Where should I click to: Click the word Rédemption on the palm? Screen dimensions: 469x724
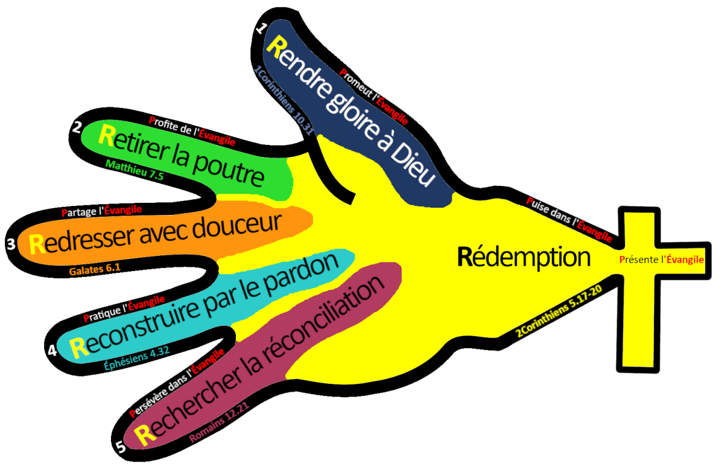pyautogui.click(x=524, y=258)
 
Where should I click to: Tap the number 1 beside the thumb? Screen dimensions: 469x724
pyautogui.click(x=260, y=28)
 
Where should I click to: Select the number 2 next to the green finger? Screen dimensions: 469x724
pyautogui.click(x=77, y=127)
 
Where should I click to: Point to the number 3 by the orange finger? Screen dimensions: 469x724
pyautogui.click(x=11, y=244)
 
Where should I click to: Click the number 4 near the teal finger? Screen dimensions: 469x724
pyautogui.click(x=52, y=350)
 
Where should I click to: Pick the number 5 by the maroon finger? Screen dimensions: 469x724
pyautogui.click(x=120, y=447)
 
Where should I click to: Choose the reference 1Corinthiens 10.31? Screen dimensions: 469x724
pyautogui.click(x=283, y=99)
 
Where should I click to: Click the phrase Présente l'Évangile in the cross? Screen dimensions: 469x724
pyautogui.click(x=661, y=260)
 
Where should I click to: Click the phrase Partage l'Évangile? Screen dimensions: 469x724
pyautogui.click(x=102, y=211)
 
